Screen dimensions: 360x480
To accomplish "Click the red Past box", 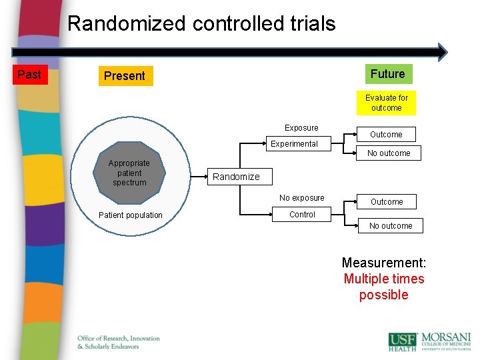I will (29, 75).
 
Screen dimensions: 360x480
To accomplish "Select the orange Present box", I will (125, 76).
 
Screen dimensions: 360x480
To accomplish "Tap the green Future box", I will (387, 74).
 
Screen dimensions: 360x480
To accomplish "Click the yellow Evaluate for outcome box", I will (386, 103).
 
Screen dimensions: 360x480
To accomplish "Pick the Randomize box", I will (236, 177).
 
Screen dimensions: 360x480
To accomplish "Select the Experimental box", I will (294, 143).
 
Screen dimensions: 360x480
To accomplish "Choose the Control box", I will (302, 215).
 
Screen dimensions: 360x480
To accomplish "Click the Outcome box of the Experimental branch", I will (386, 134).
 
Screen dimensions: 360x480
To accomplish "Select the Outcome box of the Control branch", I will (387, 201).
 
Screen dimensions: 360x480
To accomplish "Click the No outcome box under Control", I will (391, 226).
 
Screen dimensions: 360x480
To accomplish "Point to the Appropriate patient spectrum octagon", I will (129, 173).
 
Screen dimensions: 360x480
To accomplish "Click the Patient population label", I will (130, 215).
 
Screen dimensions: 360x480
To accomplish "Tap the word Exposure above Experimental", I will (301, 128).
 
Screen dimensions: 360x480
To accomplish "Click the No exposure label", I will (302, 198).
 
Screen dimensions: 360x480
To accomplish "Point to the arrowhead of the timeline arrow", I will (442, 52).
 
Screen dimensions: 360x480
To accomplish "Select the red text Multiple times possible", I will (383, 287).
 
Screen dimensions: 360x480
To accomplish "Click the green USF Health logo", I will (403, 341).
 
